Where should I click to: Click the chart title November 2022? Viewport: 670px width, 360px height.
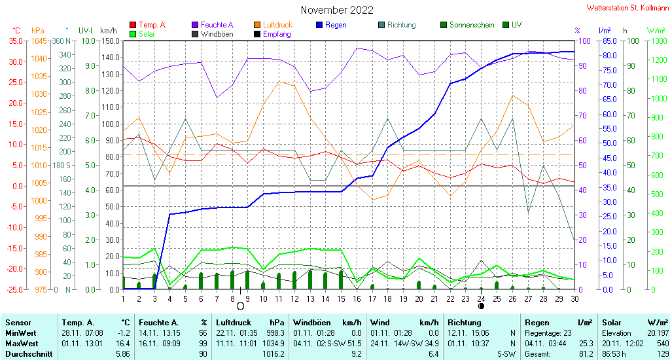337,10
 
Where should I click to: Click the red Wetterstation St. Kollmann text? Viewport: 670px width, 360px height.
627,8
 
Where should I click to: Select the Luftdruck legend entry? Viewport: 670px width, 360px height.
273,25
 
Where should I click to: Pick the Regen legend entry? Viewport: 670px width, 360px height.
331,25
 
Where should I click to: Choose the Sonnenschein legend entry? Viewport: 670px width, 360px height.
467,25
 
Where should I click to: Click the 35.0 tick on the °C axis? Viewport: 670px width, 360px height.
16,41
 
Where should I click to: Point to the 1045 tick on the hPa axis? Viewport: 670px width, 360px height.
39,41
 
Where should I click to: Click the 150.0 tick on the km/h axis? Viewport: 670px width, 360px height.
110,41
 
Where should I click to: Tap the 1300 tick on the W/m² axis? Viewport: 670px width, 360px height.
659,41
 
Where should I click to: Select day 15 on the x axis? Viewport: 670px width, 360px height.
341,299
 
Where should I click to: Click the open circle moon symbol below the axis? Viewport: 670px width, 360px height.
240,306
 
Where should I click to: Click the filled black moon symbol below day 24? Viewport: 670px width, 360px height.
481,306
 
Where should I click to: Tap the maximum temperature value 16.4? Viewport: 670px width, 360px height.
122,344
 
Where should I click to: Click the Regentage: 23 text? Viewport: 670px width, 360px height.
548,333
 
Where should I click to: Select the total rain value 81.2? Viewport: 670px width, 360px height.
586,354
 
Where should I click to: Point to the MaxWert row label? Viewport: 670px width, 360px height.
21,344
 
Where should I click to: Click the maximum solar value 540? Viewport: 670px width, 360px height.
663,344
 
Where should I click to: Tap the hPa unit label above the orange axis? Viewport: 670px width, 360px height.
37,31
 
